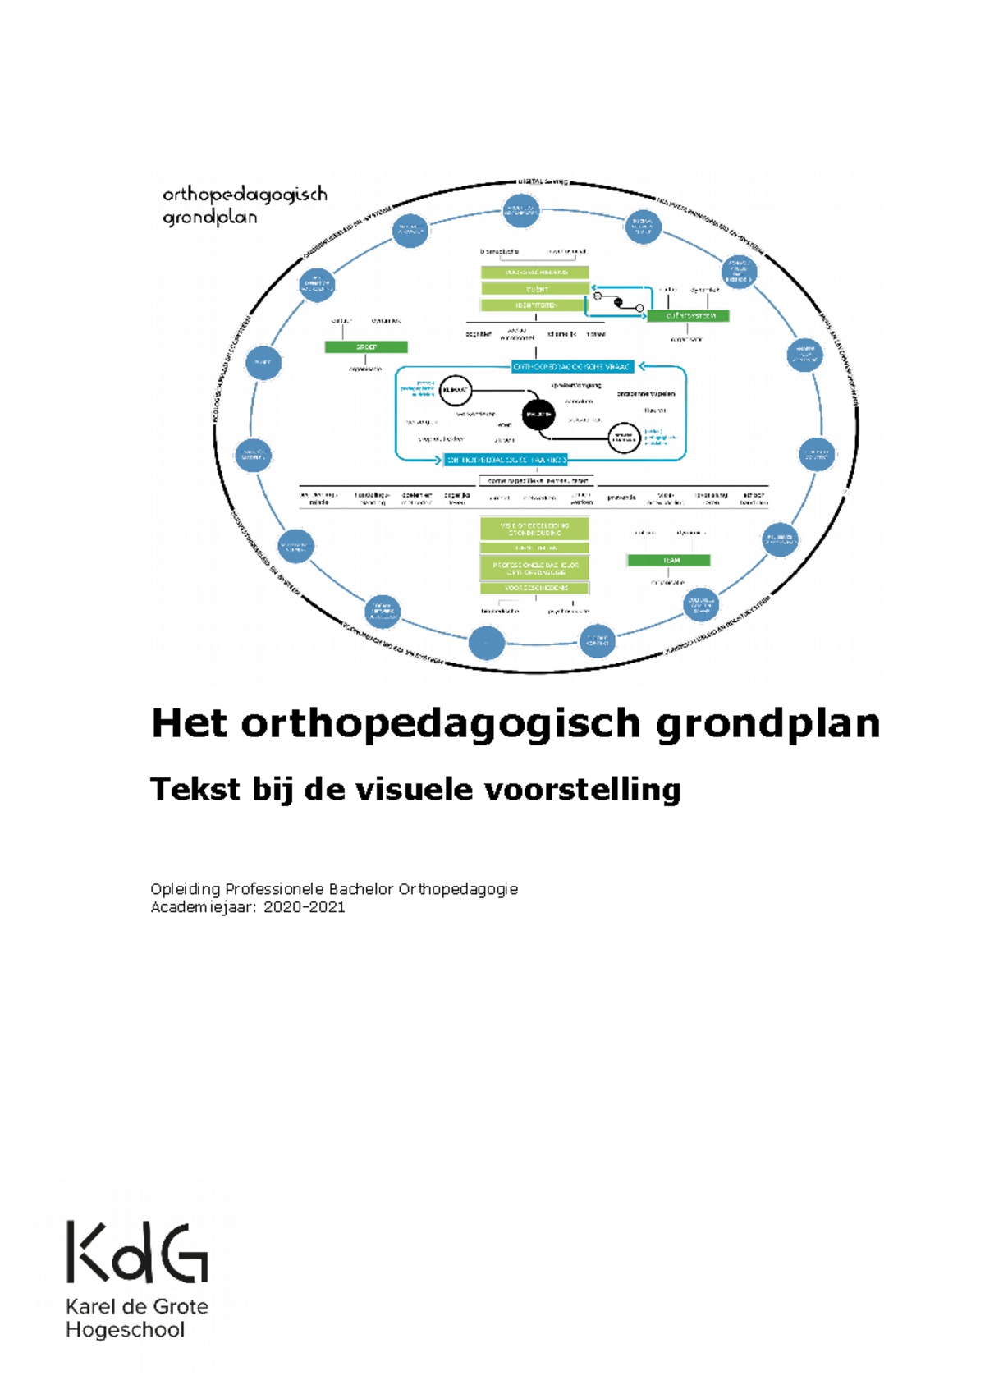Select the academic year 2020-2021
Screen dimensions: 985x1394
click(x=304, y=907)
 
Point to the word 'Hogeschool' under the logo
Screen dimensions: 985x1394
click(x=125, y=1330)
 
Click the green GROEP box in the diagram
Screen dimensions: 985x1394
click(x=366, y=347)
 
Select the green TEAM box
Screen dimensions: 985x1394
click(x=668, y=561)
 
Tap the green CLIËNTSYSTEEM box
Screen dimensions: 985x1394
click(x=688, y=316)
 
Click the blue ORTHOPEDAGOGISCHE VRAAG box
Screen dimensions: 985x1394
click(x=572, y=367)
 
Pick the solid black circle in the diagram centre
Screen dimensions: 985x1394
click(x=538, y=415)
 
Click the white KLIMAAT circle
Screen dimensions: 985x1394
click(x=456, y=391)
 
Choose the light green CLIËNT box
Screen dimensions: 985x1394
click(x=535, y=289)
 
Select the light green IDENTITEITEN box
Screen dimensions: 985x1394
click(x=535, y=305)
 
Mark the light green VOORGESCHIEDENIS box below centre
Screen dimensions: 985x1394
click(x=535, y=588)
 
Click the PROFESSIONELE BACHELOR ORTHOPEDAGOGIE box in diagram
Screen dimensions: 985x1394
click(x=535, y=567)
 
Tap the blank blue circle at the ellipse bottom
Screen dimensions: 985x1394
click(x=487, y=643)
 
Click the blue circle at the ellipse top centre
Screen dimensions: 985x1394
click(x=521, y=211)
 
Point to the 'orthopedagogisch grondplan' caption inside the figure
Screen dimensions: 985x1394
click(x=244, y=205)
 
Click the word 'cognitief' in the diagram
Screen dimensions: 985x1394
click(x=478, y=334)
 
